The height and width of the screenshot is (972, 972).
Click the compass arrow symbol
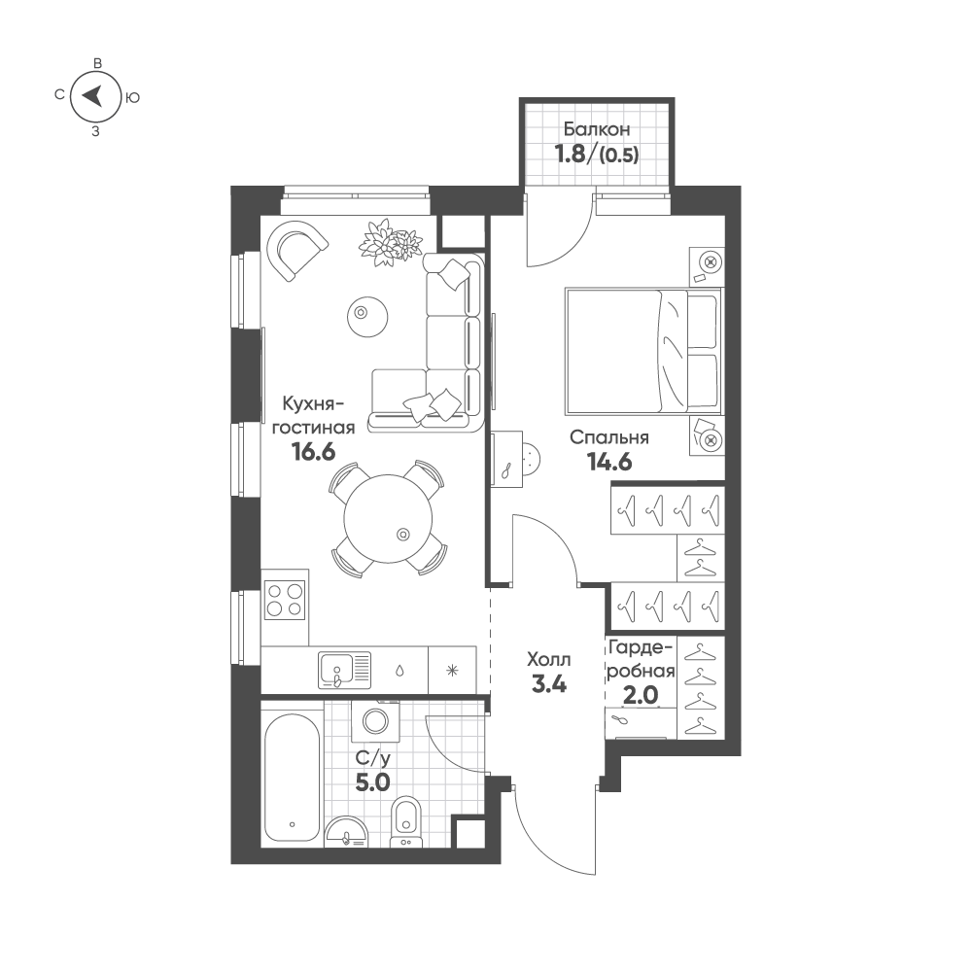pos(94,95)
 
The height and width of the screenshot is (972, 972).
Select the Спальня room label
pos(609,437)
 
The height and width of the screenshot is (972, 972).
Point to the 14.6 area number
pos(609,462)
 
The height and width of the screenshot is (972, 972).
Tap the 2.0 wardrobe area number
pos(639,695)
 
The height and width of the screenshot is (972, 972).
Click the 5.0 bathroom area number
pos(371,782)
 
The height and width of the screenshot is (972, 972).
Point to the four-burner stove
pos(285,598)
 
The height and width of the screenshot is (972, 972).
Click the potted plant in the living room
pos(389,243)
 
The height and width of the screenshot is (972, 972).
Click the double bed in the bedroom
pos(642,352)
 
